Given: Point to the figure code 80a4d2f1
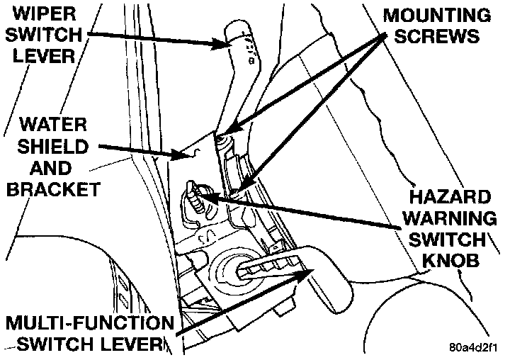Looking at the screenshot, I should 474,349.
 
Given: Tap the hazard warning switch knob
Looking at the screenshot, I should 193,195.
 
